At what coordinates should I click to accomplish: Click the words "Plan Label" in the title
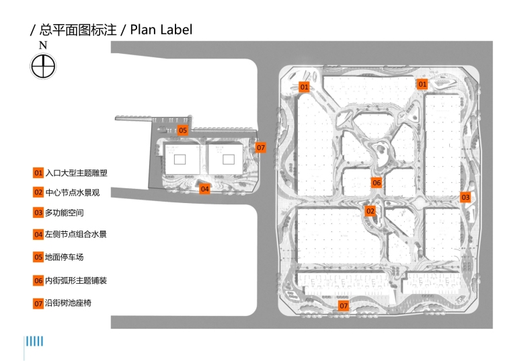tap(161, 30)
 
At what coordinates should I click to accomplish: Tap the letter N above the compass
tap(43, 46)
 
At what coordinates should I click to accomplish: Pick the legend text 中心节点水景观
tap(72, 192)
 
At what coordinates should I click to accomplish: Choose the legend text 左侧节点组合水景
tap(76, 235)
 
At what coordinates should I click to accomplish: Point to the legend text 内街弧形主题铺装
tap(76, 280)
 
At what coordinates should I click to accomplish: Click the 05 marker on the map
tap(183, 130)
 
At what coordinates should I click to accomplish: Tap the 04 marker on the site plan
tap(205, 189)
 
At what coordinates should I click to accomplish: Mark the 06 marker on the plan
tap(377, 183)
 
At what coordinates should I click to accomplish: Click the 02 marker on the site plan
tap(370, 211)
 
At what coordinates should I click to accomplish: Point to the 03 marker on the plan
tap(465, 198)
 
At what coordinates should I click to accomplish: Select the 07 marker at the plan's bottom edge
tap(344, 307)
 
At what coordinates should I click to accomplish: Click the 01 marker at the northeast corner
tap(422, 85)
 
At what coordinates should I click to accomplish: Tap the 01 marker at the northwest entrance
tap(304, 87)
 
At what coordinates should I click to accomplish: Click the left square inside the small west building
tap(180, 159)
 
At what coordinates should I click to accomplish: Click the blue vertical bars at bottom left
tap(34, 342)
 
